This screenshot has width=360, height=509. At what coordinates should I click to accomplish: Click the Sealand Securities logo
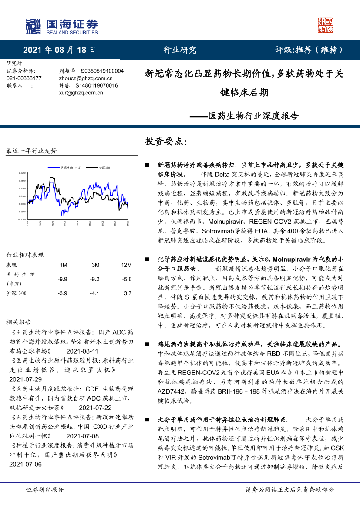click(61, 27)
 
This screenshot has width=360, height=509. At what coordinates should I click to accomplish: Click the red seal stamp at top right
click(326, 26)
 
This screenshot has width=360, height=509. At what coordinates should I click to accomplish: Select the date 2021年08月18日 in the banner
click(59, 50)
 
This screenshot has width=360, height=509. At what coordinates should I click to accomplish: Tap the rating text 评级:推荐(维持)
click(309, 50)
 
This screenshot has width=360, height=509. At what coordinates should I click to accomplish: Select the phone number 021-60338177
click(24, 78)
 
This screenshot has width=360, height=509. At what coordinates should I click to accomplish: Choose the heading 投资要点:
click(165, 142)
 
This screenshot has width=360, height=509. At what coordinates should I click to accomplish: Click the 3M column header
click(95, 265)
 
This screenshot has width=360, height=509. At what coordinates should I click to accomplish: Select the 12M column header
click(126, 265)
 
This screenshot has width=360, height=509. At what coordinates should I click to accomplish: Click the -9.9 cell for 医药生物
click(63, 279)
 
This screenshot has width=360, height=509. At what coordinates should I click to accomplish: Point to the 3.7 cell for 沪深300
click(127, 293)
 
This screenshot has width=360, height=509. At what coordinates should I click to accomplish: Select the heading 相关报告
click(19, 322)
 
